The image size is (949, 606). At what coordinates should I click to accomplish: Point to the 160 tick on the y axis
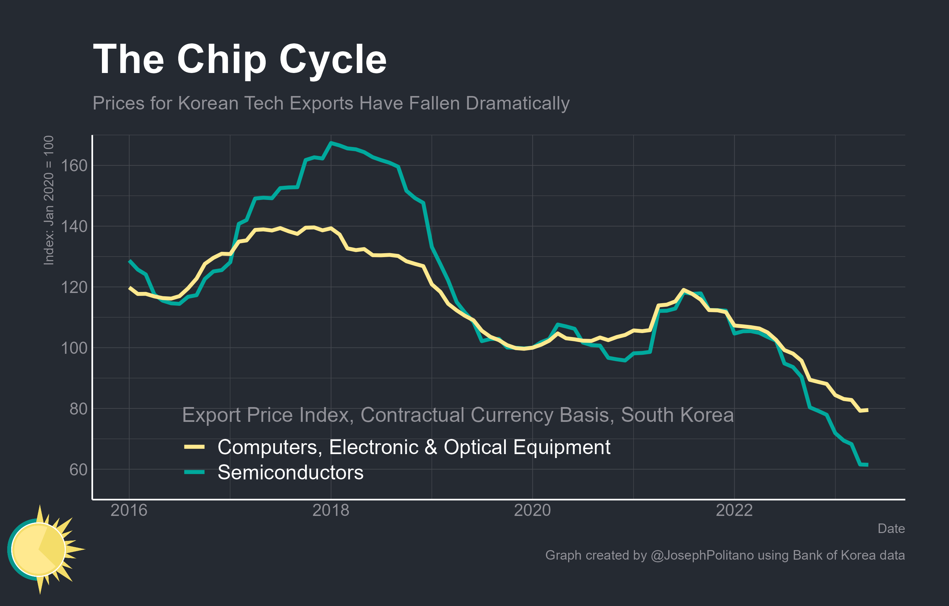click(74, 166)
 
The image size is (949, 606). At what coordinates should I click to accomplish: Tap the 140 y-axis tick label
click(74, 227)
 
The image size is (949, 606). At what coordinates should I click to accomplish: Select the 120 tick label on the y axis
click(74, 288)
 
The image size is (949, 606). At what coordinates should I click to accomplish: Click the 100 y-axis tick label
click(74, 348)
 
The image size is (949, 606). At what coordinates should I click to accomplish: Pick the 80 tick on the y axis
click(79, 409)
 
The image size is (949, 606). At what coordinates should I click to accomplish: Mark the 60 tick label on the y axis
click(79, 470)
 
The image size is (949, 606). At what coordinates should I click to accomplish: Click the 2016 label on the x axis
click(129, 510)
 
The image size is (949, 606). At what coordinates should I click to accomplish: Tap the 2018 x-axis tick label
click(331, 510)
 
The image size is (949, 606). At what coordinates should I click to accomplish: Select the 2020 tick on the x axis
click(532, 510)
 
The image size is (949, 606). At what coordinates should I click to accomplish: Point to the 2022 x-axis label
click(734, 510)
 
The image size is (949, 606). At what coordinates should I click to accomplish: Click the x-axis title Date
click(891, 528)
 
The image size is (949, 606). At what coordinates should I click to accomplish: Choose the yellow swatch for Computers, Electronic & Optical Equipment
click(194, 447)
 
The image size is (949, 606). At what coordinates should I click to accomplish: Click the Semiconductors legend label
click(290, 473)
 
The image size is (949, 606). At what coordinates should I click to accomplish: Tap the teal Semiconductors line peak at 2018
click(331, 143)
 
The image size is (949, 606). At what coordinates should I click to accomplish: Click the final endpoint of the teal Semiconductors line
click(867, 465)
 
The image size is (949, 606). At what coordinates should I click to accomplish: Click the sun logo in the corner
click(41, 549)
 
